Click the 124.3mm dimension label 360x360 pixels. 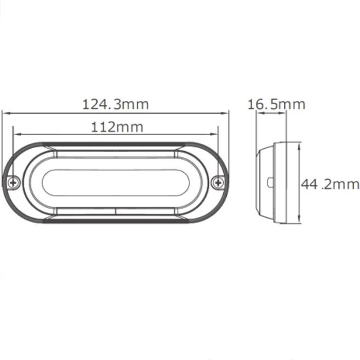pyautogui.click(x=116, y=104)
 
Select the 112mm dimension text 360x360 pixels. pyautogui.click(x=117, y=126)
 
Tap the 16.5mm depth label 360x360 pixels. pyautogui.click(x=276, y=104)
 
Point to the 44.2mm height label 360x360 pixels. pyautogui.click(x=329, y=185)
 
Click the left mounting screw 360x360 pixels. pyautogui.click(x=14, y=182)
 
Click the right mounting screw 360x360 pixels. pyautogui.click(x=219, y=182)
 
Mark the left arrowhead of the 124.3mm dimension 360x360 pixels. pyautogui.click(x=5, y=112)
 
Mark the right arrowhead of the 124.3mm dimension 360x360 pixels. pyautogui.click(x=226, y=112)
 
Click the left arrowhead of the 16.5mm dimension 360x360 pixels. pyautogui.click(x=259, y=114)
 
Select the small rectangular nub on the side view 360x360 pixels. pyautogui.click(x=270, y=183)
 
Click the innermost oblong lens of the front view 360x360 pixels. pyautogui.click(x=116, y=182)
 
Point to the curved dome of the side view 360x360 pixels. pyautogui.click(x=263, y=183)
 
